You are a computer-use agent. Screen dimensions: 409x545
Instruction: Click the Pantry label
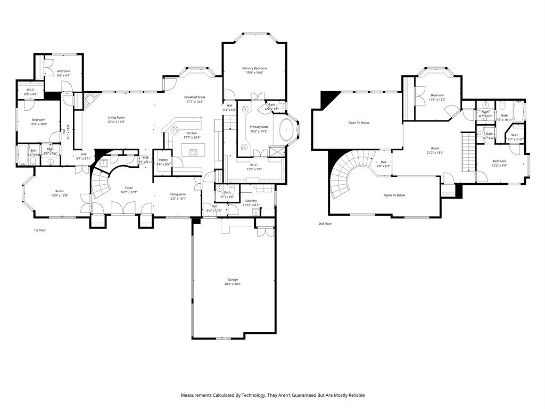[163, 162]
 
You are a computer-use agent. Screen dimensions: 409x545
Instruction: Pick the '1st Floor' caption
[40, 231]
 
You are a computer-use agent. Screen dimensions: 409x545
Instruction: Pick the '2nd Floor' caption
[325, 224]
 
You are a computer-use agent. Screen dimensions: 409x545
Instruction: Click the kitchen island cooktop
[194, 153]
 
